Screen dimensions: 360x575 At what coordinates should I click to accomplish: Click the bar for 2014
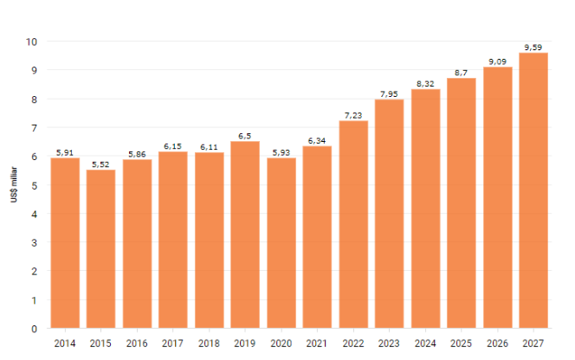click(65, 243)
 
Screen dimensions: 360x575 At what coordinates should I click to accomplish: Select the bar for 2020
click(281, 243)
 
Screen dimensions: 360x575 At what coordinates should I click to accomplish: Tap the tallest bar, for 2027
click(533, 190)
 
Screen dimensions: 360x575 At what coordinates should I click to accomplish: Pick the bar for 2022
click(353, 224)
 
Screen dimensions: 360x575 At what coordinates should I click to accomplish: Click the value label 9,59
click(533, 47)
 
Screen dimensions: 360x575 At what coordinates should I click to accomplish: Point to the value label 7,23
click(353, 115)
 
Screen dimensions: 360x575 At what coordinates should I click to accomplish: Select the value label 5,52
click(100, 164)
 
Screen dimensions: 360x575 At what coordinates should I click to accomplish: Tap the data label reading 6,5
click(245, 136)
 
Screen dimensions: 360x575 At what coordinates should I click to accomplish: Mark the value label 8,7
click(462, 73)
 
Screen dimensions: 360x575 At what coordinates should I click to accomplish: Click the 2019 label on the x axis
click(245, 344)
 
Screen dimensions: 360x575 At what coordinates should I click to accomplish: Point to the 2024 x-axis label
click(425, 344)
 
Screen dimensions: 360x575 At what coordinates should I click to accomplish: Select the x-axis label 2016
click(137, 344)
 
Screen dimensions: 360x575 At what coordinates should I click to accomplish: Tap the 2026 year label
click(497, 344)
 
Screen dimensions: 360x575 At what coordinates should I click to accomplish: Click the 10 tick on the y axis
click(31, 42)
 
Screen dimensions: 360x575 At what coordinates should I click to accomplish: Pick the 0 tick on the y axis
click(34, 329)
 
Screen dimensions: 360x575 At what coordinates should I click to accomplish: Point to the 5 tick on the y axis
click(34, 185)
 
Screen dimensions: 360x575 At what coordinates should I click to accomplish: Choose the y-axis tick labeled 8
click(34, 99)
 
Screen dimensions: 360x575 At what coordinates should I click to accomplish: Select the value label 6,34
click(317, 140)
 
